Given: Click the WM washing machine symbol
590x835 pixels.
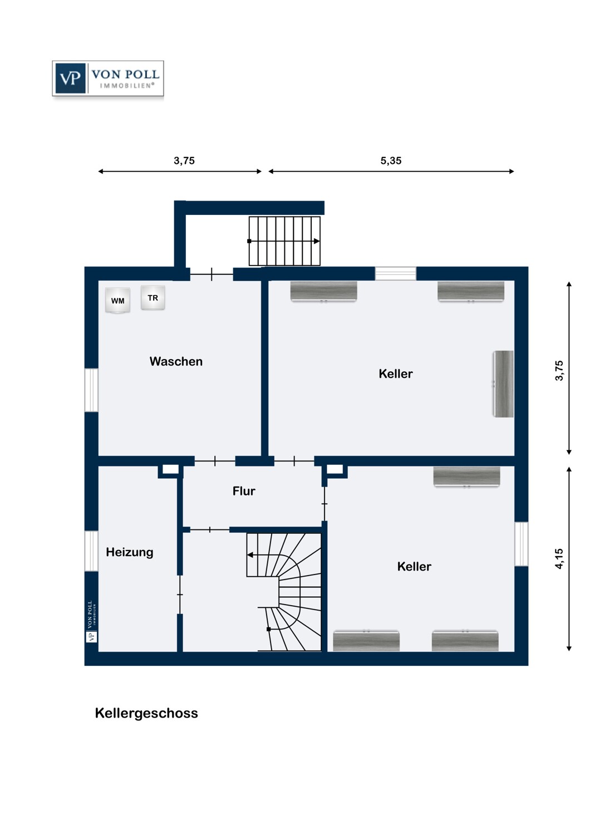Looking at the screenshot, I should click(x=118, y=301).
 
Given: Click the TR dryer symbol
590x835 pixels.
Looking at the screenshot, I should click(x=153, y=298).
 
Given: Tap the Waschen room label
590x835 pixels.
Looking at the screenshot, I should click(x=176, y=361).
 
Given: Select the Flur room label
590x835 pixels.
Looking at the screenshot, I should click(x=244, y=491).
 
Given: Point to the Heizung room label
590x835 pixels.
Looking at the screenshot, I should click(x=129, y=552).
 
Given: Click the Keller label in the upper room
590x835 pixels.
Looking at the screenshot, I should click(x=395, y=374).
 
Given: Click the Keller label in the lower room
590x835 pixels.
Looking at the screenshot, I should click(x=414, y=567).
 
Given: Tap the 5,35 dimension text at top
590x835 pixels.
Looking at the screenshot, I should click(x=391, y=160).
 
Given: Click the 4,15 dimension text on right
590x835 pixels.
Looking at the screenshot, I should click(x=559, y=558).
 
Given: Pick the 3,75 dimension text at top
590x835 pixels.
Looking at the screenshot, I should click(x=184, y=160).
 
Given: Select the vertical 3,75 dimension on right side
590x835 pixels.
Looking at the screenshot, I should click(x=559, y=370).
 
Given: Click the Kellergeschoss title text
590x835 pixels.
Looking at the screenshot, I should click(x=146, y=713).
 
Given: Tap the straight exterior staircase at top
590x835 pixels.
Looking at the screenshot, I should click(x=284, y=241).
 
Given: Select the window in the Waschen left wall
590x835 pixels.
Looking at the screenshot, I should click(x=91, y=390).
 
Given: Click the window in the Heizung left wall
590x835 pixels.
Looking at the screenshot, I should click(x=91, y=551).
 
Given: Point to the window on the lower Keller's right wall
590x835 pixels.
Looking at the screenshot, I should click(x=521, y=544).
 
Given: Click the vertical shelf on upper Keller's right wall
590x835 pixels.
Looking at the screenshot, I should click(x=503, y=384).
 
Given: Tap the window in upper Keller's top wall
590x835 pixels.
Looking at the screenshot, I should click(x=395, y=273).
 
